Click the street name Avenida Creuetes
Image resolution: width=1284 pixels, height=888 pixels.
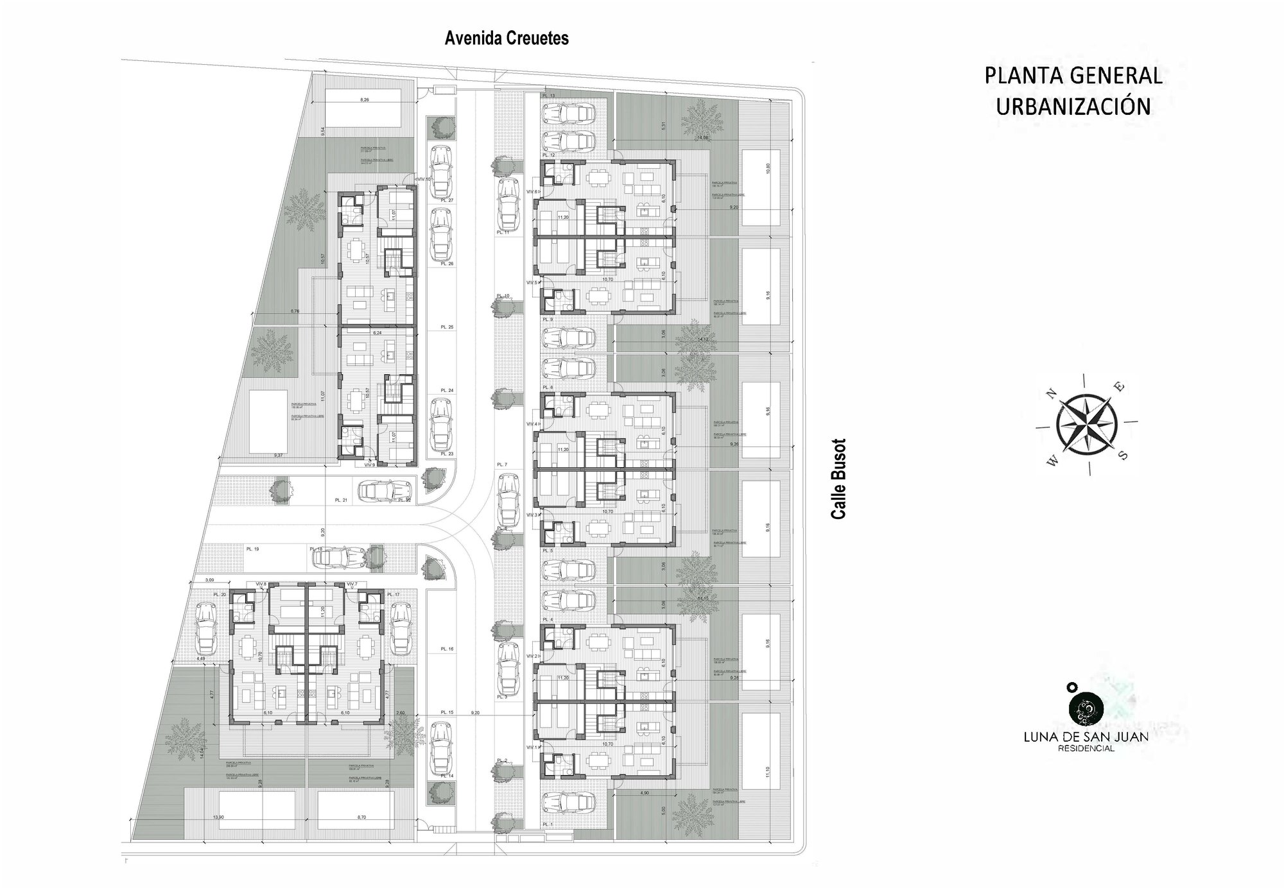[x=507, y=39]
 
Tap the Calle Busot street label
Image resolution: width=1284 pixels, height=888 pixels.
[x=838, y=479]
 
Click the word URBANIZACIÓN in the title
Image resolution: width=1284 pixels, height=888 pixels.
[x=1073, y=107]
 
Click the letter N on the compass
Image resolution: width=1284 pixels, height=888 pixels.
[x=1051, y=394]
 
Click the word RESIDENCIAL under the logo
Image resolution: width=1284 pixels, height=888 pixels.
[x=1086, y=748]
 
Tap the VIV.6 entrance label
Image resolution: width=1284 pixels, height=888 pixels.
[x=533, y=192]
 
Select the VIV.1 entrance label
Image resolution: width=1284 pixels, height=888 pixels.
[x=532, y=747]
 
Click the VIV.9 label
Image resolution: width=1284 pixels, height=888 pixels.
[x=369, y=465]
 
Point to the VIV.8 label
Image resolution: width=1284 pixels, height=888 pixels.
[x=261, y=584]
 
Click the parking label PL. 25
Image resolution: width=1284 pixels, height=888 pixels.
[x=447, y=327]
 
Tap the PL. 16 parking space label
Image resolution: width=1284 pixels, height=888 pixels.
[x=447, y=649]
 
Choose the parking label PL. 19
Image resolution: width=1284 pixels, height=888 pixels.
[x=252, y=549]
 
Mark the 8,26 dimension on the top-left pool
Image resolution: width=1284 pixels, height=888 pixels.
[x=365, y=100]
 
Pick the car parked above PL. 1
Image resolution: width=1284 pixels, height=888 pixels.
[x=567, y=803]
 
